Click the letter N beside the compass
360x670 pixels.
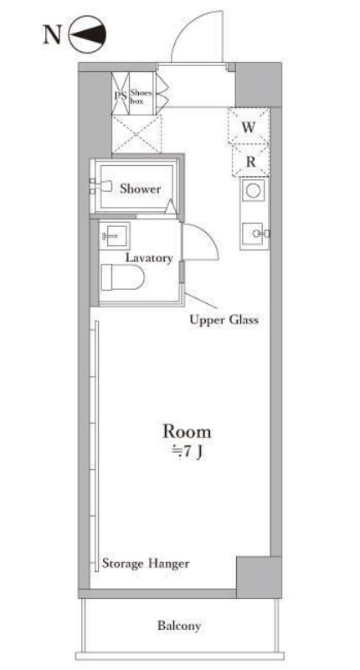click(x=52, y=34)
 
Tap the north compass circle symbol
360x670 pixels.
click(x=88, y=34)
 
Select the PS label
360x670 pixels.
click(x=121, y=95)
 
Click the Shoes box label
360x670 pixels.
click(x=141, y=97)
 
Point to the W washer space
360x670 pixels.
click(x=249, y=126)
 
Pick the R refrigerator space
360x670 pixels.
click(x=250, y=161)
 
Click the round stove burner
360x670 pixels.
click(x=253, y=191)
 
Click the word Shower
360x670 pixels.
click(x=140, y=188)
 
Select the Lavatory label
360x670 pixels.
click(x=149, y=258)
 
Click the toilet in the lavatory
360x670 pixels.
click(x=122, y=277)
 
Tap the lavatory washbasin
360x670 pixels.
click(x=115, y=236)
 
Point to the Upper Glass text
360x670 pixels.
click(x=224, y=320)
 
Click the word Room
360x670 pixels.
click(x=187, y=431)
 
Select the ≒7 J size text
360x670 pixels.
click(x=187, y=452)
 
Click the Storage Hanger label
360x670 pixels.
click(x=145, y=563)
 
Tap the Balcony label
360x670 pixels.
click(x=179, y=626)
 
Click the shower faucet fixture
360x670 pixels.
click(x=101, y=186)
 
